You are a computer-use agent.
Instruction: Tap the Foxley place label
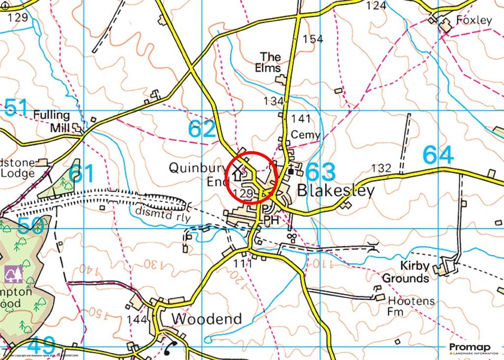[474, 20]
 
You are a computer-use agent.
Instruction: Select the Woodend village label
[207, 319]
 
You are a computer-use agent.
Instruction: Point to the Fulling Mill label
[52, 121]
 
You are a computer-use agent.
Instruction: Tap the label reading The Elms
[270, 63]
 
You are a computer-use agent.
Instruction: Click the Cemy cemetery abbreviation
[305, 134]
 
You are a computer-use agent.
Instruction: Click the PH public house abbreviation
[271, 220]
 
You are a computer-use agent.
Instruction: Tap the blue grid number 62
[202, 129]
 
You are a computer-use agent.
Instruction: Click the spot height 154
[313, 39]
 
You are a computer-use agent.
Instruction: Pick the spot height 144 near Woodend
[137, 320]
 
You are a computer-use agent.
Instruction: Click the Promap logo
[470, 348]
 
